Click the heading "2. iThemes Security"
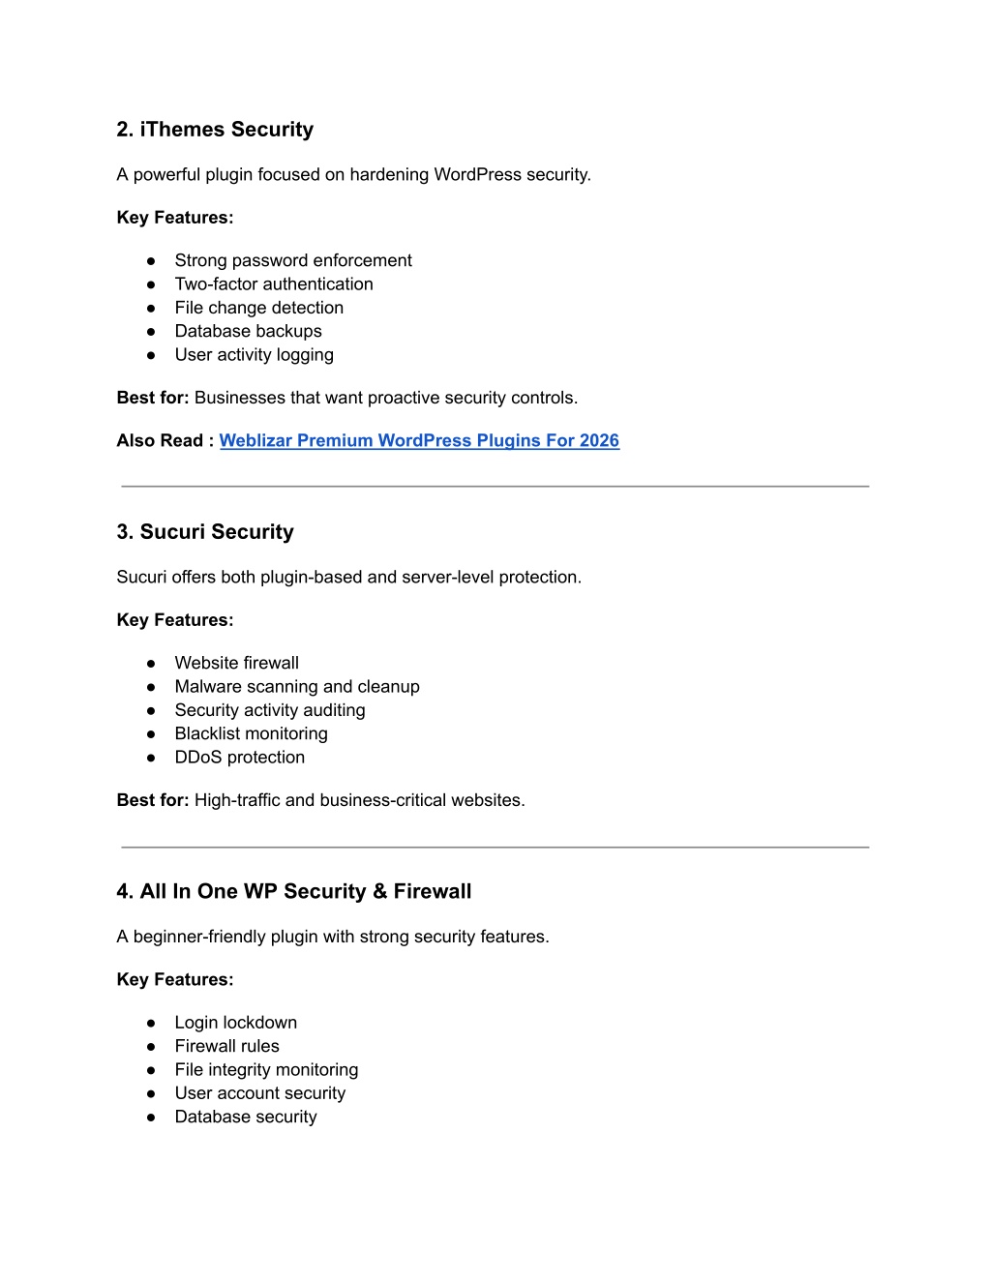click(x=215, y=130)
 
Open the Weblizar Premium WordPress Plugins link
click(x=419, y=441)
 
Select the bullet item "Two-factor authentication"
click(x=274, y=284)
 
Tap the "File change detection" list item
click(x=259, y=308)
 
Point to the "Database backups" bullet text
click(x=249, y=331)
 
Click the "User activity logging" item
click(x=255, y=355)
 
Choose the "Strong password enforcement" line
click(x=293, y=260)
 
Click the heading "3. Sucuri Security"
click(x=205, y=532)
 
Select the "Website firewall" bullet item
click(x=237, y=663)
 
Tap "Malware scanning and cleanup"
click(x=297, y=687)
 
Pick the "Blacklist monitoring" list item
click(x=252, y=733)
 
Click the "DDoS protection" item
click(x=240, y=758)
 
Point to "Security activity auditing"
click(x=270, y=710)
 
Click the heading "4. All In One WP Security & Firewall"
click(x=294, y=892)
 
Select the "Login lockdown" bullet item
click(x=236, y=1023)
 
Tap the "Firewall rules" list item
click(x=227, y=1046)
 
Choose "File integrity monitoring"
click(x=267, y=1070)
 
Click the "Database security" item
click(x=246, y=1117)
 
